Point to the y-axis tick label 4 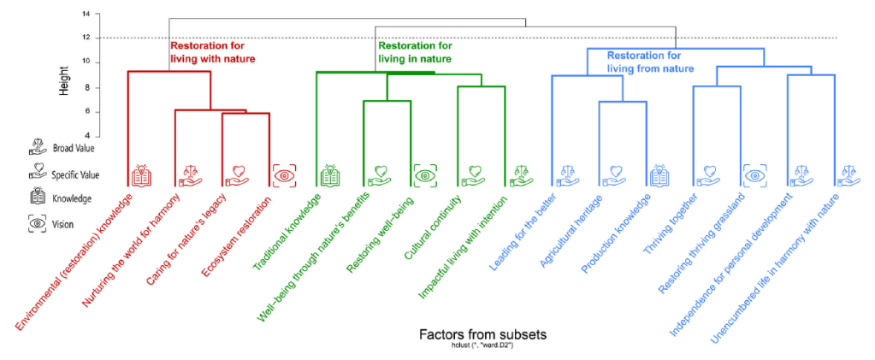tap(86, 136)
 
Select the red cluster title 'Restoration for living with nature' tap(212, 52)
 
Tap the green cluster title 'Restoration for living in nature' tap(415, 52)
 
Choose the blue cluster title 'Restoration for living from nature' tap(650, 61)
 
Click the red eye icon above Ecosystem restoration tap(283, 175)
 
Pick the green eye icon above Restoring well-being tap(425, 175)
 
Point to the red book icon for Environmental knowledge tap(142, 176)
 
